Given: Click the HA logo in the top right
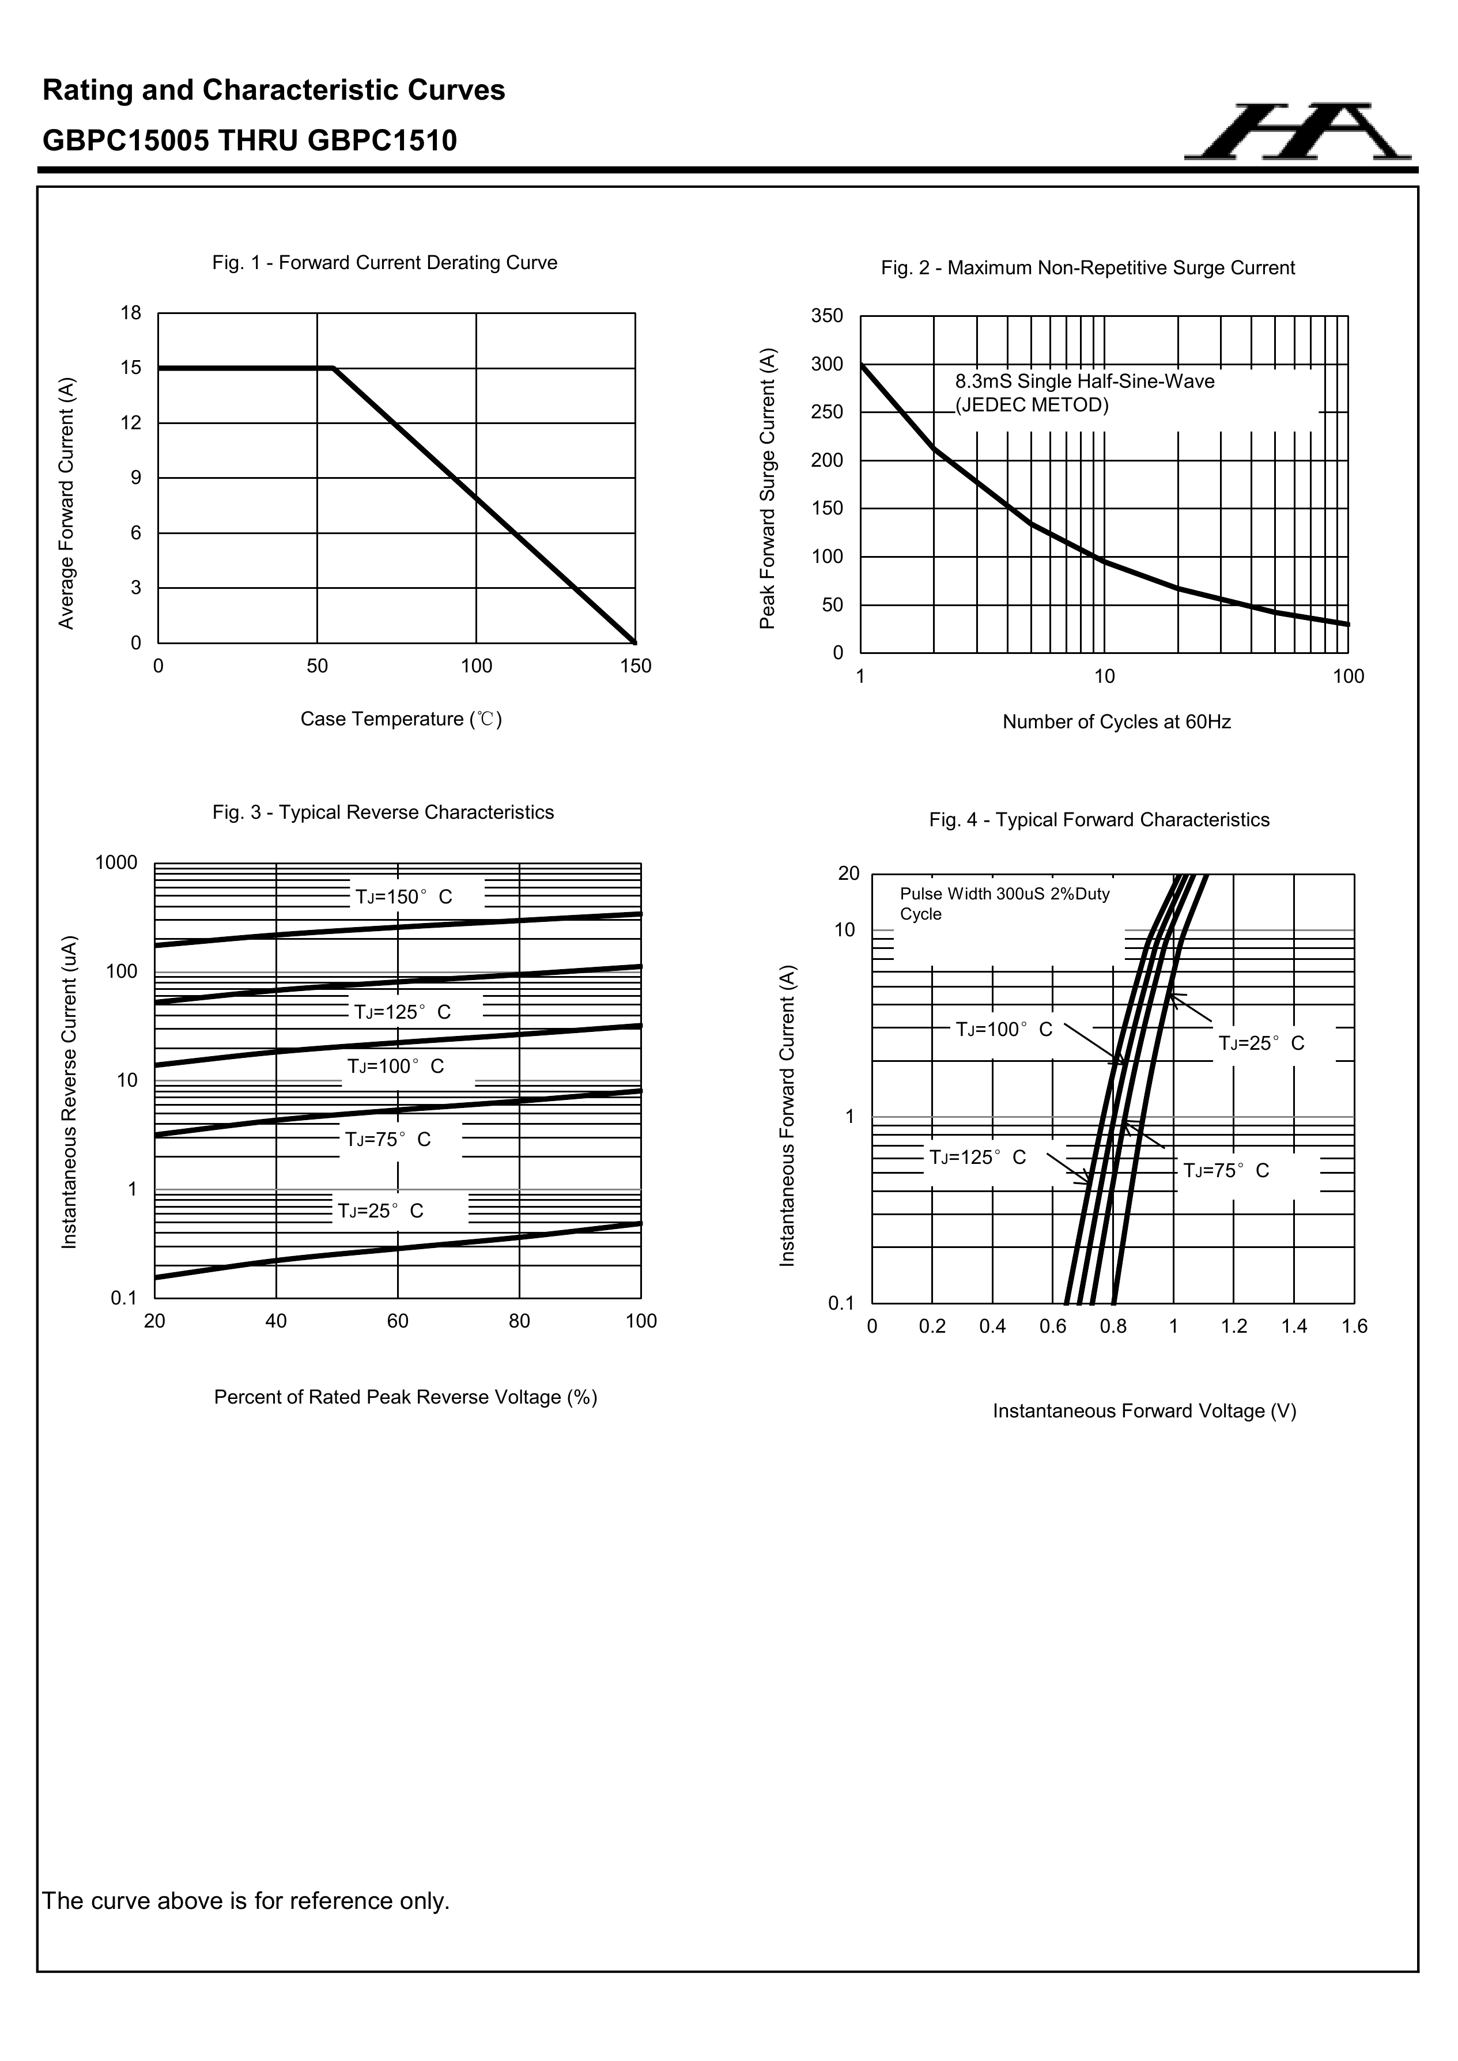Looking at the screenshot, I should tap(1297, 133).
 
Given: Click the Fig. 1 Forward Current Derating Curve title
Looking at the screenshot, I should tap(384, 263).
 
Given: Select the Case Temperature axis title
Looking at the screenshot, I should tap(401, 719).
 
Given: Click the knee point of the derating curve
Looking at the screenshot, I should tap(333, 368).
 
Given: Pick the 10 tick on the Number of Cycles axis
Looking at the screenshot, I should tap(1104, 678).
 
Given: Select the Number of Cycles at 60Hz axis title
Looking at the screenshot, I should tap(1116, 723).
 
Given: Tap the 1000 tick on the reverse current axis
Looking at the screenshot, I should tap(117, 864).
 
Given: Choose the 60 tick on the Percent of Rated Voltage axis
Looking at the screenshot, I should tap(398, 1321).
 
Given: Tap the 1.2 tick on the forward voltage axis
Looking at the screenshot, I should tap(1234, 1327).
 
